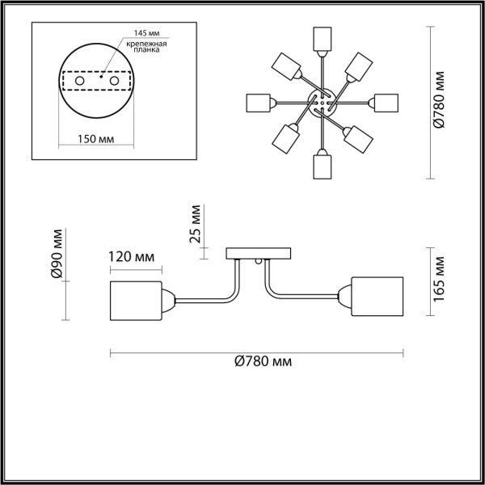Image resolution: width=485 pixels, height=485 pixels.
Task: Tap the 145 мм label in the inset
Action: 135,33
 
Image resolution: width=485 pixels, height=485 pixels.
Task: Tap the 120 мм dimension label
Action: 131,258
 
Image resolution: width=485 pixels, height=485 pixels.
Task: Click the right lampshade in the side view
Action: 377,295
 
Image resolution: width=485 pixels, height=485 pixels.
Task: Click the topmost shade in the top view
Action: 322,38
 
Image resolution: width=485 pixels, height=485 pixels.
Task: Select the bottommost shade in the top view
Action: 322,167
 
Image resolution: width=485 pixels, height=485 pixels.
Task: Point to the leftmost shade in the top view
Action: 258,103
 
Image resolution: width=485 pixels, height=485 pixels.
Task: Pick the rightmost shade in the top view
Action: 386,103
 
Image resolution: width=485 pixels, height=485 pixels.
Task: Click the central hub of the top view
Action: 322,103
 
